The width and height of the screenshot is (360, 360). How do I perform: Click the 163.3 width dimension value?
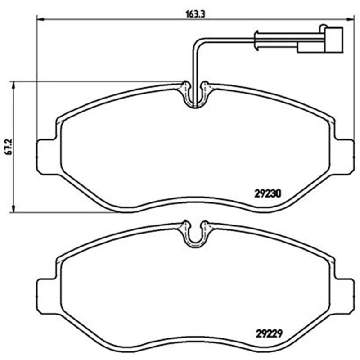point(195,14)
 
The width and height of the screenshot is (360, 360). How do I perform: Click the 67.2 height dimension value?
point(9,147)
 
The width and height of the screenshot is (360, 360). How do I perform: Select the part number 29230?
point(268,194)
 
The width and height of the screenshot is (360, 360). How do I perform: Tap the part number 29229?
point(269,334)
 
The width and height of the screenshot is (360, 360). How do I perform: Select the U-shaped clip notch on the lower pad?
point(195,244)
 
